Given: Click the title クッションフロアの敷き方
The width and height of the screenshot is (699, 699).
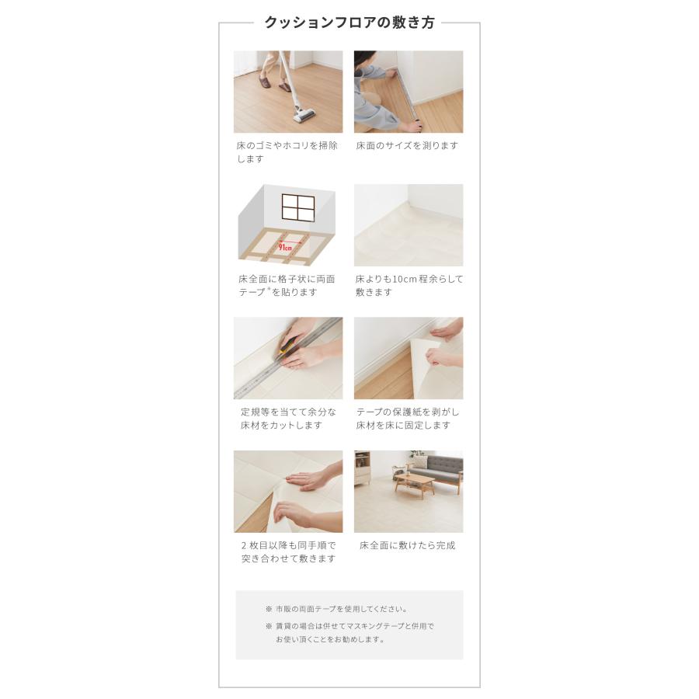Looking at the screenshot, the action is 349,23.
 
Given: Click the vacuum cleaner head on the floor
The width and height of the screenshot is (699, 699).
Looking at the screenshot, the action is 304,116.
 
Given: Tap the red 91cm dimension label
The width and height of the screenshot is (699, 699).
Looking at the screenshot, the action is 285,246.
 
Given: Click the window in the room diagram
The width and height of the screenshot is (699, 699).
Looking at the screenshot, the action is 297,207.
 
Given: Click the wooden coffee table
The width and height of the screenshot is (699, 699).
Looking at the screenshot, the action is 415,485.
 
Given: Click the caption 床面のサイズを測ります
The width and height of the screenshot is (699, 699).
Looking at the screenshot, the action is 407,145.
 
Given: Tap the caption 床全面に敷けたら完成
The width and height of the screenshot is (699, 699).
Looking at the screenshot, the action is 408,545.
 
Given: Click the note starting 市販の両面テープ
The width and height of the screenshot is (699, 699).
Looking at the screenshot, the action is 336,609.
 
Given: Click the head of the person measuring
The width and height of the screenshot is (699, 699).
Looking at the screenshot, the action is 364,60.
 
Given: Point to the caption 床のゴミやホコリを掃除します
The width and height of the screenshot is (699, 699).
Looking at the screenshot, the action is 287,152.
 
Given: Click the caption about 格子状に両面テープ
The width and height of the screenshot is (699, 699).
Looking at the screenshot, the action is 287,285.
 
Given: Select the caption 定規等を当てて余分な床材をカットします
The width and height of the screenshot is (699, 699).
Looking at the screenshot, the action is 288,419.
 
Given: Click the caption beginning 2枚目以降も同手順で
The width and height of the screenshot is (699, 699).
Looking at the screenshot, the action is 288,552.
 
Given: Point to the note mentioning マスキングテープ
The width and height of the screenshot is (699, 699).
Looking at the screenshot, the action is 349,632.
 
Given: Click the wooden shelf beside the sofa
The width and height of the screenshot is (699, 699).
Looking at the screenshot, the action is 363,468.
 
